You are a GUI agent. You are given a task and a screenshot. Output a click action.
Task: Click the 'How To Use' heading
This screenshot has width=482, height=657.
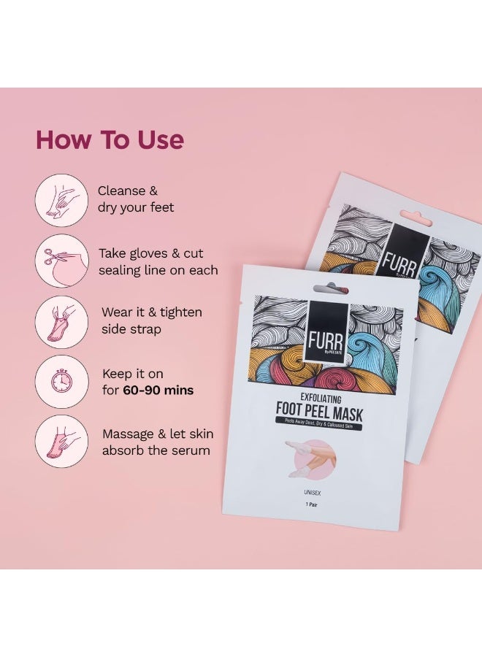point(110,139)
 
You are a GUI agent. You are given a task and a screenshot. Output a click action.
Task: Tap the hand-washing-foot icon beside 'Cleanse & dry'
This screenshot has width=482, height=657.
point(61,199)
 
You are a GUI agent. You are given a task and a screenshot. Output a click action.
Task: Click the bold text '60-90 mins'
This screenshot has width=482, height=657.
point(158,391)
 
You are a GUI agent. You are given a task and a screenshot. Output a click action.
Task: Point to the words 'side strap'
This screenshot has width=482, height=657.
point(131,329)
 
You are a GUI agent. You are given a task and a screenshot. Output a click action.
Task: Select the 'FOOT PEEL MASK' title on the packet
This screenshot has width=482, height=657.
point(319,414)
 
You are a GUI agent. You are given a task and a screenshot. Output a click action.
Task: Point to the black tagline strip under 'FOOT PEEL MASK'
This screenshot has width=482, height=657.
point(319,426)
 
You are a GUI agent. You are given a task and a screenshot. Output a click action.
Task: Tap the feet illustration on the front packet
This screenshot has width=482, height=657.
point(310,459)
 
